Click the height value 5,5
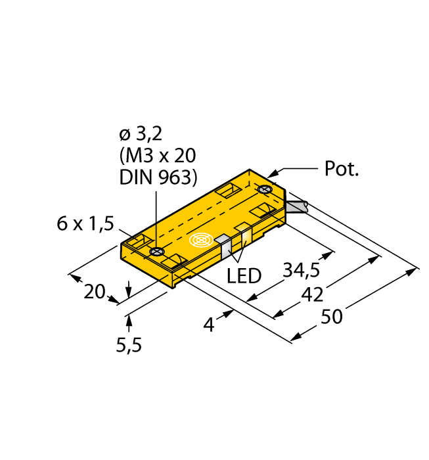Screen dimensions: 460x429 129,344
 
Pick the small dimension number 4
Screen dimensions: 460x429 209,324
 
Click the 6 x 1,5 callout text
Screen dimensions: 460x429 85,224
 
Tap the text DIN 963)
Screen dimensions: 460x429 158,177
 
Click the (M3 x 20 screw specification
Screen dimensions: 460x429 158,156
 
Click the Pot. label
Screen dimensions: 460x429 343,170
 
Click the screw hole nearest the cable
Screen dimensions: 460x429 265,190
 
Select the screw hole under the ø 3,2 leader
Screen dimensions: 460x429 156,252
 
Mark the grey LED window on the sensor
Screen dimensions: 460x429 224,245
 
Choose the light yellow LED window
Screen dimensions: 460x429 243,235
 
